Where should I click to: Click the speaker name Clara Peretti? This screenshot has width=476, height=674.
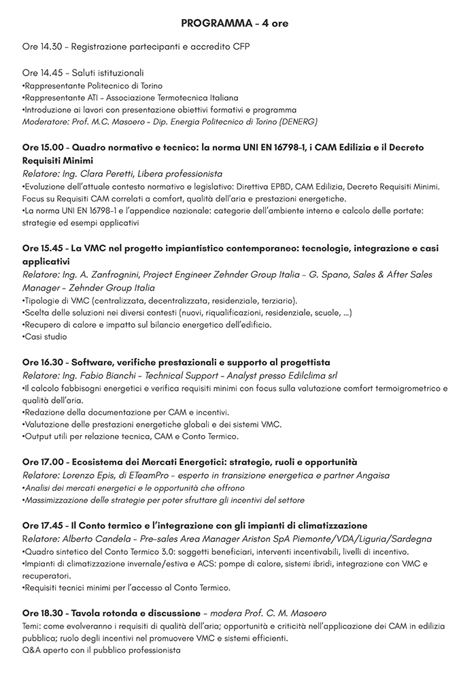[x=103, y=174]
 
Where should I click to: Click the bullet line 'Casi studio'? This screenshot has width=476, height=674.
[x=44, y=336]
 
